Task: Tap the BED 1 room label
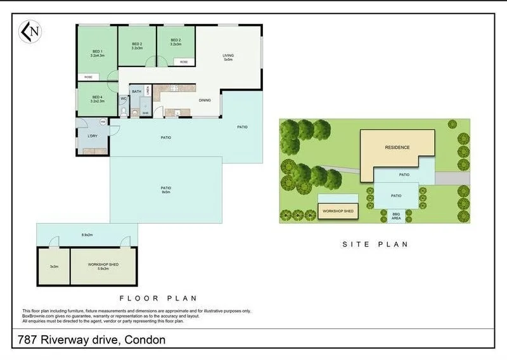[x=97, y=53]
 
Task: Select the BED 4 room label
[x=96, y=100]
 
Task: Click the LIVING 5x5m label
[x=228, y=58]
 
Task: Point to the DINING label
[x=205, y=100]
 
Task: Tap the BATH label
[x=137, y=92]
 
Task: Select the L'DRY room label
[x=93, y=136]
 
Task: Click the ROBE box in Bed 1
[x=88, y=77]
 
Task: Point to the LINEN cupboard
[x=148, y=90]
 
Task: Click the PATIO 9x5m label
[x=165, y=189]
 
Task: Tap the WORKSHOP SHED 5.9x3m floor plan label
[x=103, y=266]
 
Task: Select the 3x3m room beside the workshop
[x=54, y=266]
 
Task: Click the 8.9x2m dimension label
[x=87, y=235]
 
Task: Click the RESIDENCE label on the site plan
[x=397, y=148]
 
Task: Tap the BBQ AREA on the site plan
[x=396, y=216]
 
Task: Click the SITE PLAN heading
[x=375, y=243]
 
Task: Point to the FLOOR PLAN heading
[x=158, y=297]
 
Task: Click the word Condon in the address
[x=145, y=340]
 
